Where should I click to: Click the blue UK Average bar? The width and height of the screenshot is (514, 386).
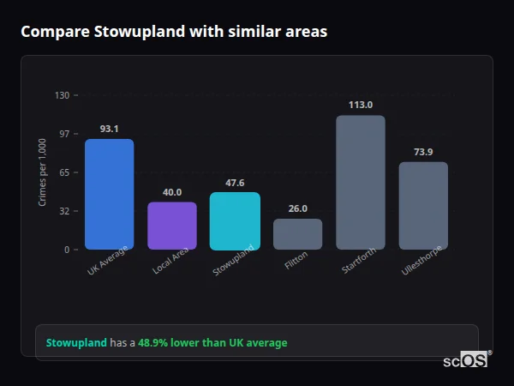pos(109,194)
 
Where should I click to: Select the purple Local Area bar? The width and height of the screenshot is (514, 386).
pos(172,226)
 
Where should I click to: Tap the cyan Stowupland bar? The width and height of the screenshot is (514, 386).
pos(235,220)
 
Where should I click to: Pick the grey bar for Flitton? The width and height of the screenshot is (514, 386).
pos(297,234)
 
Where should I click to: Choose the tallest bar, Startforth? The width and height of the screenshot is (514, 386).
pos(360,182)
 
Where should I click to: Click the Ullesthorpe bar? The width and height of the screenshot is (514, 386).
pos(423,205)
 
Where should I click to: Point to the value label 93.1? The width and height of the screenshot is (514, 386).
pos(109,129)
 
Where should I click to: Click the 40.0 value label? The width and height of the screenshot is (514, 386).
pos(172,192)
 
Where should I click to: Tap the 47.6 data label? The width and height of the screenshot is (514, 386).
pos(235,183)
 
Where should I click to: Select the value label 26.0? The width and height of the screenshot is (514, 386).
pos(297,208)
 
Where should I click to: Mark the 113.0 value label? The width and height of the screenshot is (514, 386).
pos(360,105)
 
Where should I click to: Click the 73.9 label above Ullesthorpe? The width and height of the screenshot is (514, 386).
pos(423,152)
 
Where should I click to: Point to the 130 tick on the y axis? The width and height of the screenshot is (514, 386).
pos(62,95)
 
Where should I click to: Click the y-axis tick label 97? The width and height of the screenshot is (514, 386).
pos(63,134)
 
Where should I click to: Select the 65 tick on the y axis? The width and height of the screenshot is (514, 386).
pos(63,172)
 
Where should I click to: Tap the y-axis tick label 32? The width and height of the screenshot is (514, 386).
pos(63,211)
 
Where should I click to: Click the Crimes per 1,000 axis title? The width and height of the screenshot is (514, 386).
pos(43,172)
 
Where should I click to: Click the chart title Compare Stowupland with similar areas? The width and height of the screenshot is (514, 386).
pos(174,32)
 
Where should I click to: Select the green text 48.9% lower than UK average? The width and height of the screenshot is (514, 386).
pos(212,343)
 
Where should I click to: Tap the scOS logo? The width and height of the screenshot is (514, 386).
pos(466,360)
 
